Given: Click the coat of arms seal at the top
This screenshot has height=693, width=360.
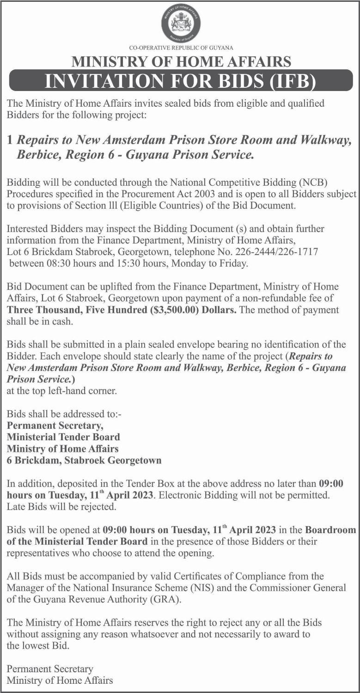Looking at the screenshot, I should [181, 24].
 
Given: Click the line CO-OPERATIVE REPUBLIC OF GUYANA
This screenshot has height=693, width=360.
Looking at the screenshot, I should [181, 48].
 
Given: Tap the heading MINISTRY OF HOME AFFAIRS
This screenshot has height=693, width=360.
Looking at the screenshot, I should [181, 61].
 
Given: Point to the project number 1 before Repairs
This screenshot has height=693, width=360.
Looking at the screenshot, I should [10, 141].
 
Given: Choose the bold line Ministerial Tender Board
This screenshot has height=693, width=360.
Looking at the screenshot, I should [63, 437].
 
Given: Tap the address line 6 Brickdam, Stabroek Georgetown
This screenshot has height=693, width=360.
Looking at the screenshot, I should [84, 460].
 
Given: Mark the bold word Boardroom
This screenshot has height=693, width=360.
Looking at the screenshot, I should [330, 529].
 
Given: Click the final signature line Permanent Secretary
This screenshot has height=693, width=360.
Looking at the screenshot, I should [50, 669].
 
